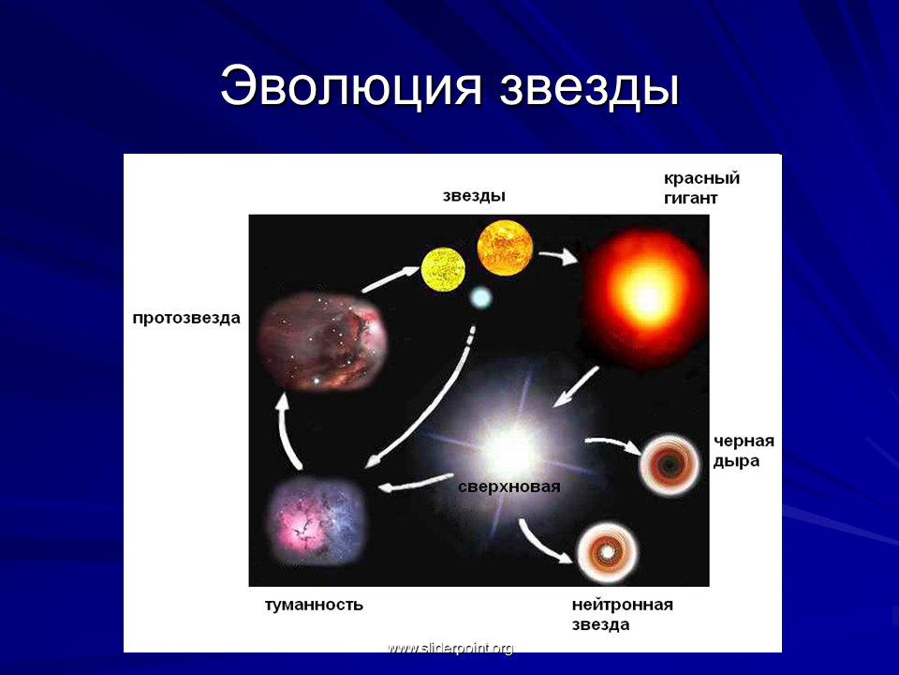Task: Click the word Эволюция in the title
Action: pos(350,86)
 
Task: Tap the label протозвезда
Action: pos(186,318)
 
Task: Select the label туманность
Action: pos(314,605)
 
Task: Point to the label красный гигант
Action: pos(701,188)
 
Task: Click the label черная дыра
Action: pos(744,451)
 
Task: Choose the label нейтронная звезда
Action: pos(622,615)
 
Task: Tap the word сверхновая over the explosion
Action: pos(509,487)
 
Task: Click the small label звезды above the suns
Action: pos(474,196)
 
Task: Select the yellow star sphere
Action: pos(443,269)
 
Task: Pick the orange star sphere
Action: pos(505,247)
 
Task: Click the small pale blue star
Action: pos(480,298)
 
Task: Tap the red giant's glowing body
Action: pos(645,296)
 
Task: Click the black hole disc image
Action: pos(669,465)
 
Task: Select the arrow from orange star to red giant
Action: pos(558,256)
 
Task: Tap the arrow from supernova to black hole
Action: pos(612,444)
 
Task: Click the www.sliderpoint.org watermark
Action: pos(450,649)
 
